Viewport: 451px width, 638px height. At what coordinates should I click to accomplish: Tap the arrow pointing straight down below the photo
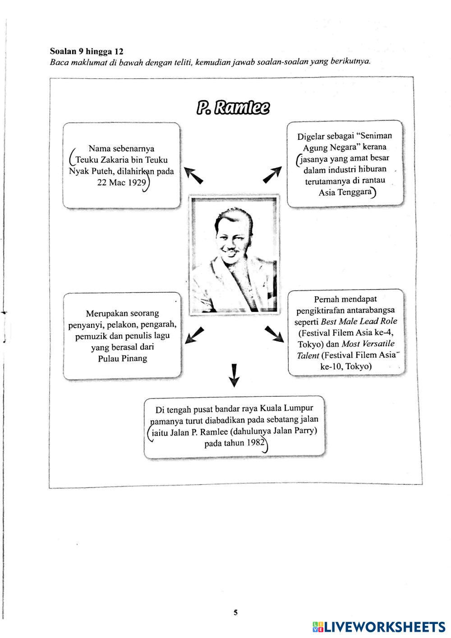pos(234,375)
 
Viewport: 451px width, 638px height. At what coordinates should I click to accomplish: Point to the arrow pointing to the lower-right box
pos(274,335)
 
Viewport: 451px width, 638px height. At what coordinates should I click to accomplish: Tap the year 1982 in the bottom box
pos(255,443)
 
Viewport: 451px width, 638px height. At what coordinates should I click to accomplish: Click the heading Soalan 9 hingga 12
pos(86,51)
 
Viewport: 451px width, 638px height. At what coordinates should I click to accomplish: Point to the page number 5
pos(235,612)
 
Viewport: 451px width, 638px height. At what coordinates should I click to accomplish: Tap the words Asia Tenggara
pos(345,193)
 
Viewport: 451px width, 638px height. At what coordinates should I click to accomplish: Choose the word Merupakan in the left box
pos(107,313)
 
